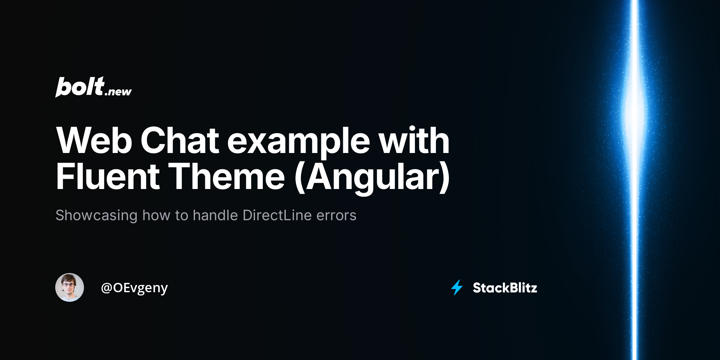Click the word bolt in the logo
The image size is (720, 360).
pyautogui.click(x=80, y=87)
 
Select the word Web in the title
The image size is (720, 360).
pyautogui.click(x=94, y=140)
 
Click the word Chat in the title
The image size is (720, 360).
pyautogui.click(x=180, y=140)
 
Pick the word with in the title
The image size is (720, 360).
pyautogui.click(x=414, y=140)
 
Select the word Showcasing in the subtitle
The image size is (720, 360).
pyautogui.click(x=96, y=215)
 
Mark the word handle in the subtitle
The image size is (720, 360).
pyautogui.click(x=215, y=215)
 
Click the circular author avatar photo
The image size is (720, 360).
pyautogui.click(x=70, y=287)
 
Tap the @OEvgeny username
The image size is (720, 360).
pyautogui.click(x=134, y=288)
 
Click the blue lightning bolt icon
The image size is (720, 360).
pyautogui.click(x=457, y=287)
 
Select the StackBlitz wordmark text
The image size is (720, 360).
pyautogui.click(x=505, y=288)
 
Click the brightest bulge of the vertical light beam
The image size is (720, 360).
pyautogui.click(x=634, y=111)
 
